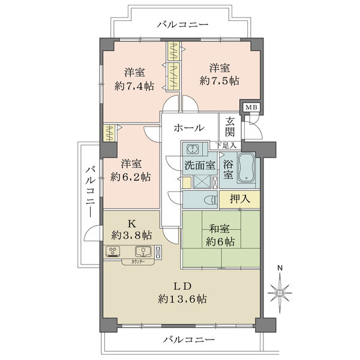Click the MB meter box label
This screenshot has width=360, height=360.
247,107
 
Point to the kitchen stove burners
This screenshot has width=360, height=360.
113,251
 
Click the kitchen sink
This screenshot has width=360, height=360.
143,251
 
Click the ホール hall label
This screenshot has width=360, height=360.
189,128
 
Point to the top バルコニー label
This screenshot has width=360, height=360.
182,25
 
